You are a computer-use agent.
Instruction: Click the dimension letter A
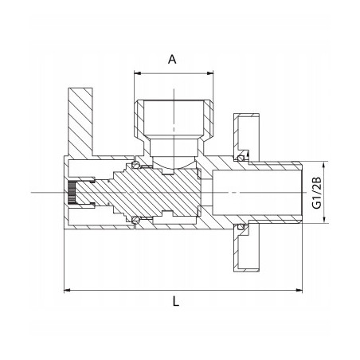(x=172, y=58)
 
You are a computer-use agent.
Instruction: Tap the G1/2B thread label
(x=318, y=193)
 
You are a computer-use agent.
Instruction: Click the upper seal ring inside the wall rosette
(x=238, y=156)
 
